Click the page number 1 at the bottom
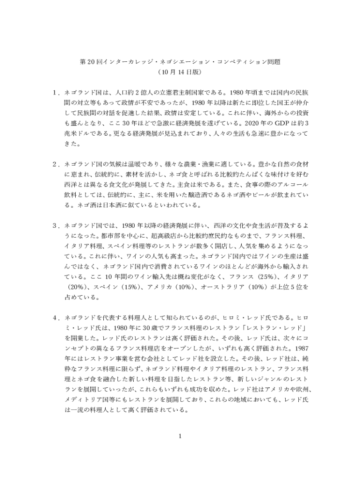[x=180, y=437]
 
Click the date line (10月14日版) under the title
[x=180, y=73]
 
